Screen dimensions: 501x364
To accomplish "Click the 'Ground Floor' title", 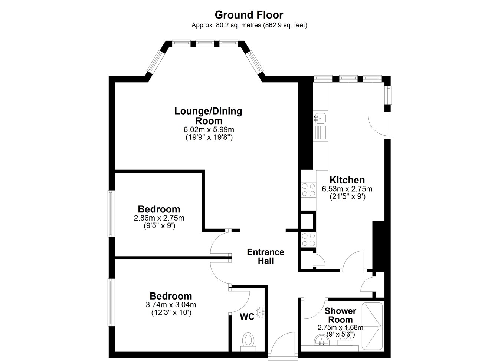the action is (x=249, y=15).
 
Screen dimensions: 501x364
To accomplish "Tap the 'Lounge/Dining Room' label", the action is (x=209, y=116).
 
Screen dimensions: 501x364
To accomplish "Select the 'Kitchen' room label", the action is (x=347, y=180).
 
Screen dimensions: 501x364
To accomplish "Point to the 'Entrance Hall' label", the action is (x=265, y=257).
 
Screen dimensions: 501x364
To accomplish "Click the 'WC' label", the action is (x=247, y=317).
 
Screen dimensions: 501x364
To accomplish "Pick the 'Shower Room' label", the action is (x=340, y=315).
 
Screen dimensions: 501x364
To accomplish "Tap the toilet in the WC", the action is (x=248, y=343).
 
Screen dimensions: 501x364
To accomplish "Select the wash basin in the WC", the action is (x=261, y=312).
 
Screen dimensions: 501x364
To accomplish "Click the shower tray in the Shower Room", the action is (x=372, y=326).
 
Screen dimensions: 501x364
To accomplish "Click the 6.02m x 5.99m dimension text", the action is (x=209, y=129).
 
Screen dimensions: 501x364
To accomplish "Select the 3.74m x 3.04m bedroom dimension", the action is (x=171, y=305).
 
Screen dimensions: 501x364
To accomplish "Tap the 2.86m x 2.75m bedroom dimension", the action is (x=159, y=218).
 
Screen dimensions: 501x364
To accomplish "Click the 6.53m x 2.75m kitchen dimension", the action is (x=347, y=189).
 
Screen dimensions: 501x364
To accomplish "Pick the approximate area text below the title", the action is (x=249, y=25).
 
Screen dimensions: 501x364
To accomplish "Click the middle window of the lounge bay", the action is (x=204, y=43).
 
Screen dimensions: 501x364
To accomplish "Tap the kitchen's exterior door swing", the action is (x=379, y=125).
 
